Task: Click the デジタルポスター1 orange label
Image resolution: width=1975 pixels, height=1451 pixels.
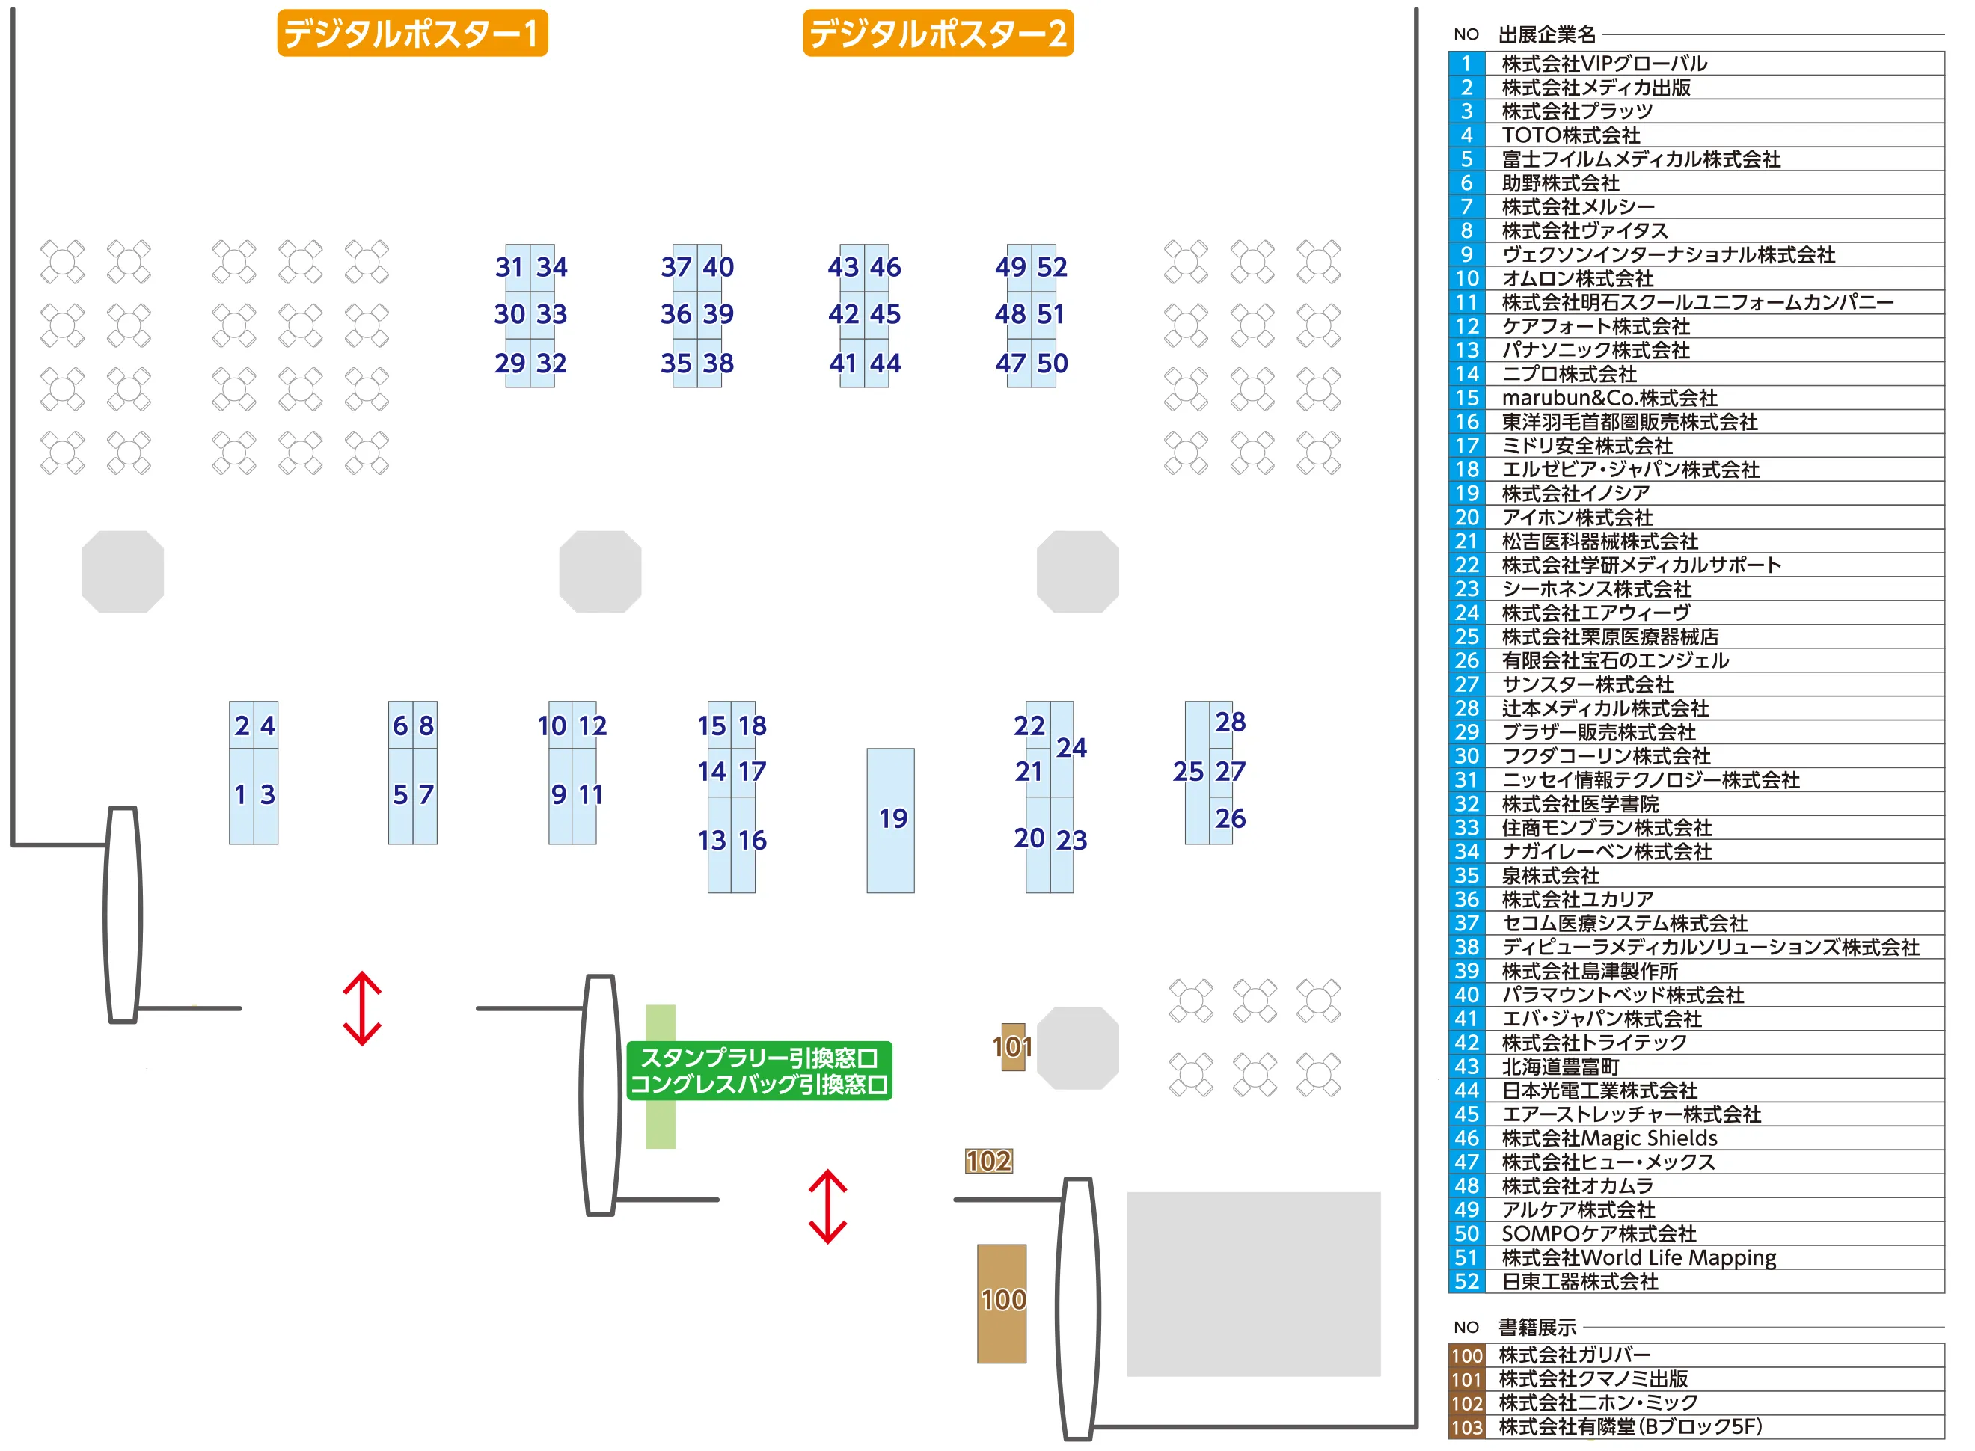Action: [412, 34]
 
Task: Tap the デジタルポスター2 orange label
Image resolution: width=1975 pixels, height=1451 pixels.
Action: [937, 34]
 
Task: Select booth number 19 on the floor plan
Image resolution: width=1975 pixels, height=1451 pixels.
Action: [891, 820]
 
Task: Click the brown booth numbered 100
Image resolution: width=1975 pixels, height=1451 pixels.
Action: [1002, 1303]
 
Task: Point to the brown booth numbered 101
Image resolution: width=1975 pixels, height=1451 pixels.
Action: [1013, 1046]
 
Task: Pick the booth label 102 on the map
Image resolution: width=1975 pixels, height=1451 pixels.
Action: [988, 1161]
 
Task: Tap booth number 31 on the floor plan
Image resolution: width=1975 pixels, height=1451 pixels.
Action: [509, 267]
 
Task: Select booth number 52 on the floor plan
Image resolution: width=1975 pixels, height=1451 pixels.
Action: [1052, 267]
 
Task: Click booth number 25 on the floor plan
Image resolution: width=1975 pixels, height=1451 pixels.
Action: [1188, 771]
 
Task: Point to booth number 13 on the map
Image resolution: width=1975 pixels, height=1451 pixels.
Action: [712, 841]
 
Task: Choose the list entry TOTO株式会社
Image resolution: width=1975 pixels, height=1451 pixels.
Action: [1571, 135]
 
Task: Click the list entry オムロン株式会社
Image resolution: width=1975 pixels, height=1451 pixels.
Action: [1578, 278]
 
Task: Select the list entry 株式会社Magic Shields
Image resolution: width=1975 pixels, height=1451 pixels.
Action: [1609, 1138]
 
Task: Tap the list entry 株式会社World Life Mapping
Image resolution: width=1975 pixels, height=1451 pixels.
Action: [1639, 1258]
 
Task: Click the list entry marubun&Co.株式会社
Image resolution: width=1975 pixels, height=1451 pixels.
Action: [1609, 398]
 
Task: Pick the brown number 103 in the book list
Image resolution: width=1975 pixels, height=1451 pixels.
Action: [1467, 1427]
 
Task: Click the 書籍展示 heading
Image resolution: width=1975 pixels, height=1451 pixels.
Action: [1537, 1327]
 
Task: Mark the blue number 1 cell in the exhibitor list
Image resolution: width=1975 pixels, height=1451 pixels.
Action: [1467, 64]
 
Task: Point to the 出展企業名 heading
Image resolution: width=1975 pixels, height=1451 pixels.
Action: [1547, 34]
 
